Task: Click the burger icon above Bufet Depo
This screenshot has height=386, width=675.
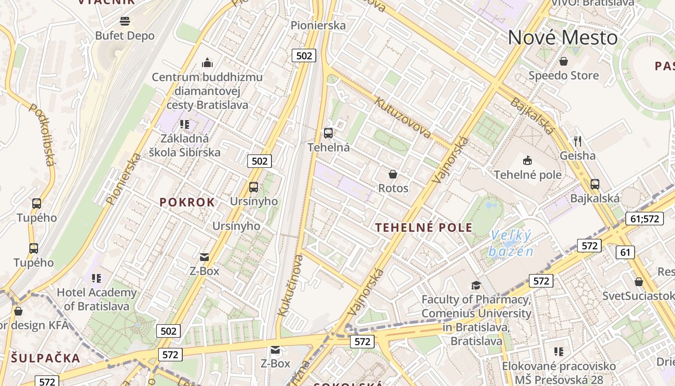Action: coord(125,21)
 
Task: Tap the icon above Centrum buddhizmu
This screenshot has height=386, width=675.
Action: coord(207,63)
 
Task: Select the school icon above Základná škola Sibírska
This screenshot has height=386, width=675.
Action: coord(184,124)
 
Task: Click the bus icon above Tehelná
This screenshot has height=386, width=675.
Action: coord(328,133)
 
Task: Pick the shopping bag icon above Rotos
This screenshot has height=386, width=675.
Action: coord(393,174)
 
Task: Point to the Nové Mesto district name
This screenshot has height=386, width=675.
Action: coord(563,38)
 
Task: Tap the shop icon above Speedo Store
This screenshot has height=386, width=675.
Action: coord(563,61)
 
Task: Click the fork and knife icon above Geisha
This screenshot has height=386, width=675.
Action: coord(578,141)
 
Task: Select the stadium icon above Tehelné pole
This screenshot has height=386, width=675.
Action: coord(527,160)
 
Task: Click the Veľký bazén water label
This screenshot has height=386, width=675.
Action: coord(511,244)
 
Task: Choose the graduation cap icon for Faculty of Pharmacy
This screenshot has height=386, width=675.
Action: coord(476,285)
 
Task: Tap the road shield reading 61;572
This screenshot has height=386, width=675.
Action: coord(644,219)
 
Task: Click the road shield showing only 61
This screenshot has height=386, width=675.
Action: coord(625,252)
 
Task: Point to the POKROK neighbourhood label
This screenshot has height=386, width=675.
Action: coord(187,202)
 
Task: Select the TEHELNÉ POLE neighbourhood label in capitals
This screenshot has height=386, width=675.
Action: coord(424,227)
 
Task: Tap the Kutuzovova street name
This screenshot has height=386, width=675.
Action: coord(403,117)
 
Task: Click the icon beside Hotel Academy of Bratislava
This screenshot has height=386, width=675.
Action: coord(96,278)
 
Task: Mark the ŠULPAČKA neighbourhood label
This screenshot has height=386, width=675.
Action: coord(45,358)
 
